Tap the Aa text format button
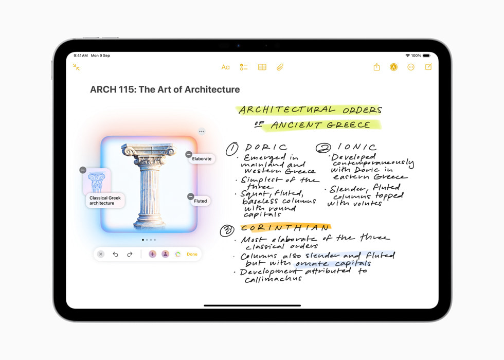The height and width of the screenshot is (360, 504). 225,67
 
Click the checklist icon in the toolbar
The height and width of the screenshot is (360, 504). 244,67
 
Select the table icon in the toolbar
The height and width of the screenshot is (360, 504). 262,67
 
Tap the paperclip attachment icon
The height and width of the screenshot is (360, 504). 280,67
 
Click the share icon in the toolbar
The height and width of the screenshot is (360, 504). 376,67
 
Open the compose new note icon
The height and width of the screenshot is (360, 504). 428,67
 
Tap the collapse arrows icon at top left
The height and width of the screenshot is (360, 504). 76,67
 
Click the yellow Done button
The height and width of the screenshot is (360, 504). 192,254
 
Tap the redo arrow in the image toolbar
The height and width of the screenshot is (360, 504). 130,254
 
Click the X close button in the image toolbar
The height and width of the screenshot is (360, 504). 101,254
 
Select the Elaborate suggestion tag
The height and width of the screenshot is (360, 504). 202,159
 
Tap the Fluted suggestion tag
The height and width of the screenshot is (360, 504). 201,201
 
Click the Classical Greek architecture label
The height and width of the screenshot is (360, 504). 105,201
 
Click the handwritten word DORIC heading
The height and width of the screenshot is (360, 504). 266,148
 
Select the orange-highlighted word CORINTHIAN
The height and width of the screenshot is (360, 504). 285,228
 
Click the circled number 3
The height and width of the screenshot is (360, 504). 227,231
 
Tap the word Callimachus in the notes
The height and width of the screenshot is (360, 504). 273,279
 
